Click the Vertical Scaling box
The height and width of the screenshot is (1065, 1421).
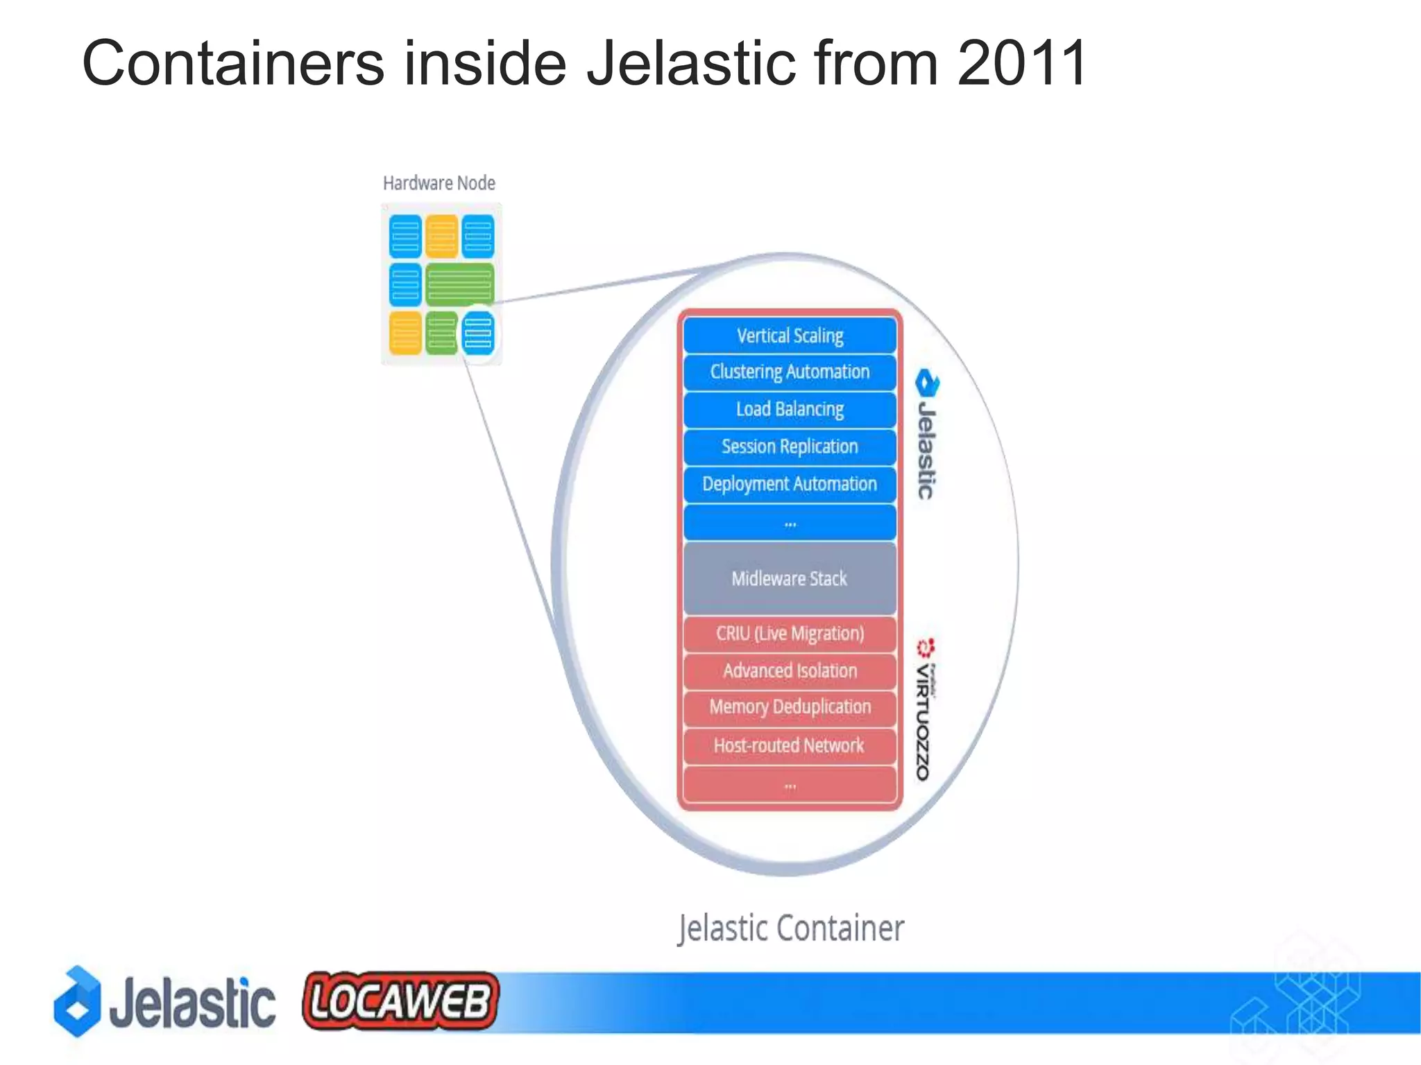coord(790,336)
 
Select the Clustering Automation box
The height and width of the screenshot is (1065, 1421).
coord(790,372)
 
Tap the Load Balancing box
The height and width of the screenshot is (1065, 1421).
coord(790,410)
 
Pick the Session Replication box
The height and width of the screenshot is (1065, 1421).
coord(790,447)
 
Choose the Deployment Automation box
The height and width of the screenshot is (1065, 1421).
coord(790,485)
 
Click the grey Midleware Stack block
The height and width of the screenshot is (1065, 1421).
coord(790,578)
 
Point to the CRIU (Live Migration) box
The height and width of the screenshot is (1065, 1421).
coord(790,634)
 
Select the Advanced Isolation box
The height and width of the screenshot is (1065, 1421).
coord(790,671)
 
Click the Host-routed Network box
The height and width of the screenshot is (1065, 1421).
coord(790,746)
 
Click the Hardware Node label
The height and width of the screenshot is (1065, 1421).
coord(439,184)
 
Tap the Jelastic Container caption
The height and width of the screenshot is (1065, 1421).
coord(791,928)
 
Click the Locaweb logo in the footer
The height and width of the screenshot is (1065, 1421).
coord(400,1001)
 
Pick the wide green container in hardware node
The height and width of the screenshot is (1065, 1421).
coord(459,284)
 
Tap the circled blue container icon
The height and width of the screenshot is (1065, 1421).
coord(478,333)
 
